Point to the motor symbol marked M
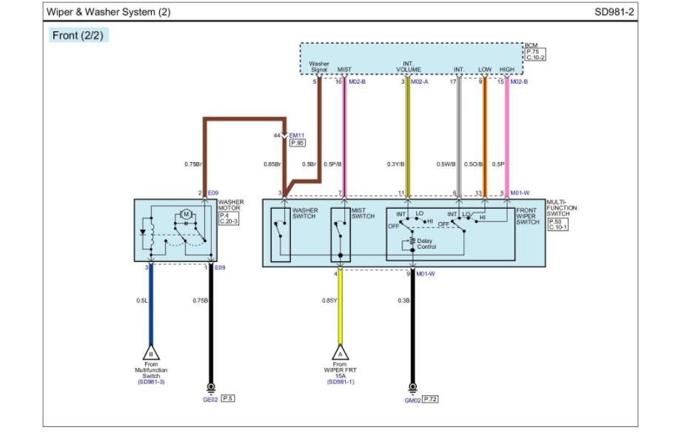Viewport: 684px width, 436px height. tap(187, 215)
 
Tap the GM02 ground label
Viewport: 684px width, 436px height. tap(412, 399)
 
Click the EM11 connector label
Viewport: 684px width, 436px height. tap(296, 135)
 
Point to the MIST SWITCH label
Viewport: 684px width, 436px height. tap(363, 213)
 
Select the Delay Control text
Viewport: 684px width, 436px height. tap(426, 244)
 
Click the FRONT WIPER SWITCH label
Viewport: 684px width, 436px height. tap(528, 216)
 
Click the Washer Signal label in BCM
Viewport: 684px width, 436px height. tap(319, 67)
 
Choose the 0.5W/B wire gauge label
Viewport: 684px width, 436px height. tap(446, 164)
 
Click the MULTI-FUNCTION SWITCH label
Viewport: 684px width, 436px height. tap(561, 208)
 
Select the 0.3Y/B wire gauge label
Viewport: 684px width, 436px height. tap(395, 164)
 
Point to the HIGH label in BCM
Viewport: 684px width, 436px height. tap(507, 70)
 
